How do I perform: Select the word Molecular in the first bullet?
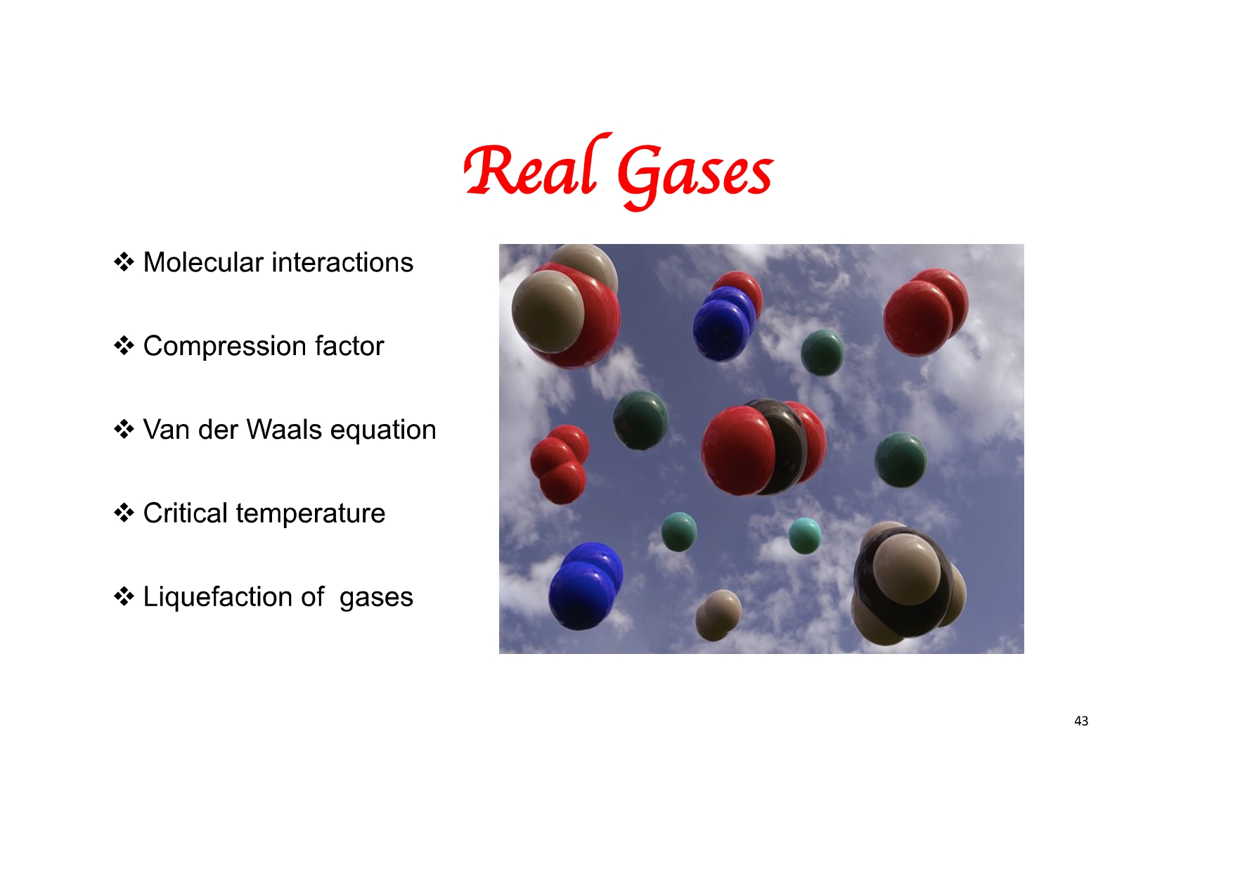[x=203, y=262]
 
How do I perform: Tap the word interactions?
[x=342, y=262]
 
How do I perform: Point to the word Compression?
[x=224, y=346]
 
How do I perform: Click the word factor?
[x=349, y=346]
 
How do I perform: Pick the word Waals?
[x=284, y=430]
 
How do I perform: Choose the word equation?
[x=383, y=430]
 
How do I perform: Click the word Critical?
[x=186, y=513]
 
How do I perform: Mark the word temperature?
[x=311, y=514]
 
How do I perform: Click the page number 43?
[x=1081, y=721]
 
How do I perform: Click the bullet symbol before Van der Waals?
[x=124, y=430]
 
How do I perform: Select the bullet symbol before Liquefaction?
[x=124, y=597]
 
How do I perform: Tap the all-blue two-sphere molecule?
[x=585, y=585]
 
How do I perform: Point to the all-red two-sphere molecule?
[x=925, y=312]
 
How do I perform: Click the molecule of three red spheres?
[x=560, y=463]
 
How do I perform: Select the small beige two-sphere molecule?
[x=718, y=615]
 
